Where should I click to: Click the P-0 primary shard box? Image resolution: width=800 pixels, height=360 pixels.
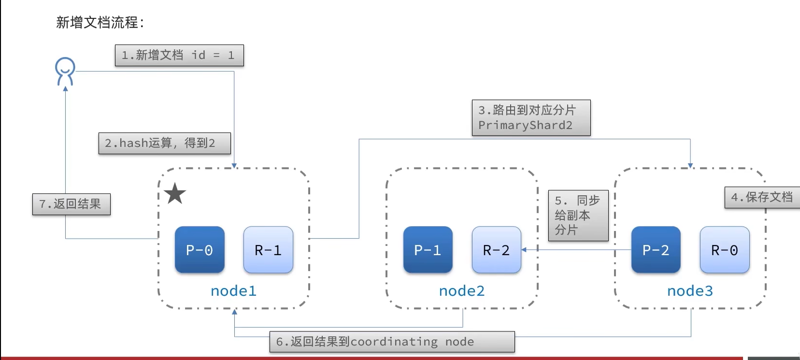tap(200, 250)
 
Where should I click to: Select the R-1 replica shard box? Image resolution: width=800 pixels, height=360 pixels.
tap(268, 250)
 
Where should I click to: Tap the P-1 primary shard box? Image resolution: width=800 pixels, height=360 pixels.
tap(428, 250)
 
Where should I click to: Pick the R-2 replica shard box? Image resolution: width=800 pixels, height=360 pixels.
tap(496, 250)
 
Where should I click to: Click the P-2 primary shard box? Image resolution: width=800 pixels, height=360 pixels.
tap(656, 250)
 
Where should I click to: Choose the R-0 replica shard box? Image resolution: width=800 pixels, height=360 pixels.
tap(724, 250)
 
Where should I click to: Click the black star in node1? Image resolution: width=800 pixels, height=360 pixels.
tap(175, 194)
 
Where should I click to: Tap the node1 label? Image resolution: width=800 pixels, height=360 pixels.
tap(233, 291)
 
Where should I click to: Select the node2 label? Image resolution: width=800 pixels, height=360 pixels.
tap(461, 291)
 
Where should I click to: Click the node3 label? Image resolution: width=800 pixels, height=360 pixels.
tap(690, 291)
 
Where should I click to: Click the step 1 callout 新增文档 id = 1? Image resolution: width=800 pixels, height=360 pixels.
tap(179, 56)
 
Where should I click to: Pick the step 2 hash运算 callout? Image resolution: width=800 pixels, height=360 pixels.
tap(164, 143)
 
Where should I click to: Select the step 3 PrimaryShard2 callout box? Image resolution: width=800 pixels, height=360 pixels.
tap(531, 117)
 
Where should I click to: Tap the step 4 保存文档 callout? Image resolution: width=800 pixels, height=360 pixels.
tap(762, 197)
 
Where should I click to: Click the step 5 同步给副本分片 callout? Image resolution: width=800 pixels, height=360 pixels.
tap(578, 216)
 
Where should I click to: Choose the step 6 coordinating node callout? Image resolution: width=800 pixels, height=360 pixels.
tap(392, 342)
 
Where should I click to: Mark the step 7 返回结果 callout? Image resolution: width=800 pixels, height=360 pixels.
tap(71, 204)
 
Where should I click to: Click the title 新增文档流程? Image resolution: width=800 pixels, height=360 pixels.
tap(100, 22)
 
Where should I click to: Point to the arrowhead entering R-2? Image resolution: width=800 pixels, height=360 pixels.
tap(524, 250)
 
